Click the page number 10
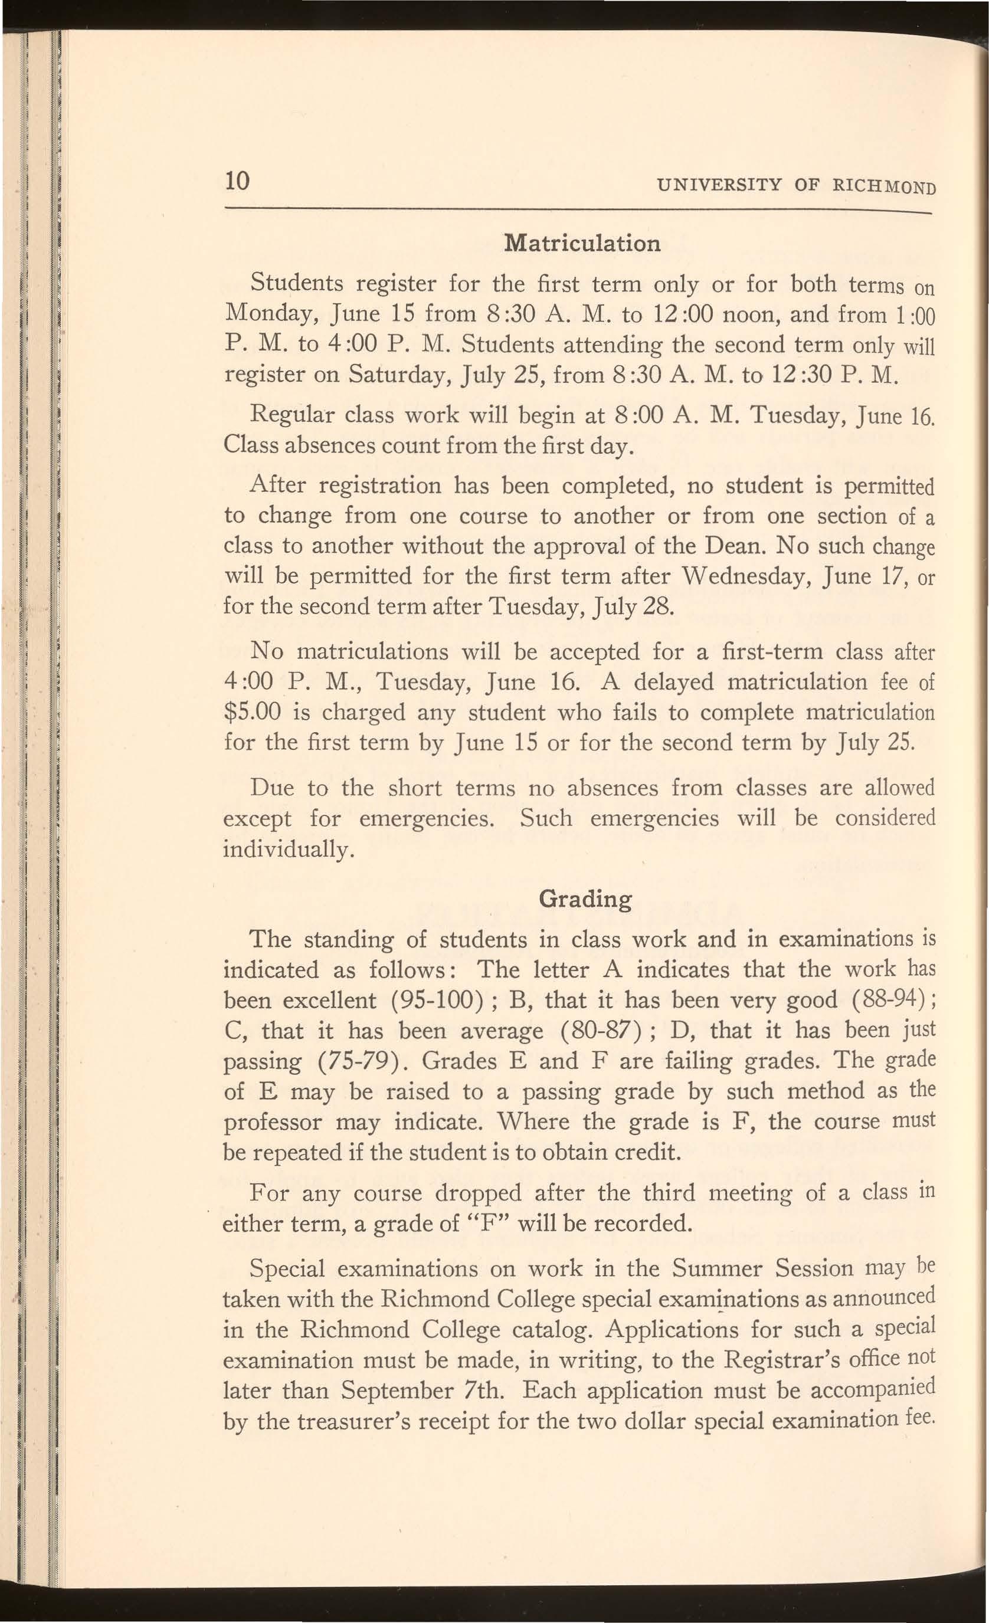[237, 180]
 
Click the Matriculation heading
[581, 243]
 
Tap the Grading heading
[585, 899]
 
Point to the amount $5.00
[253, 712]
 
